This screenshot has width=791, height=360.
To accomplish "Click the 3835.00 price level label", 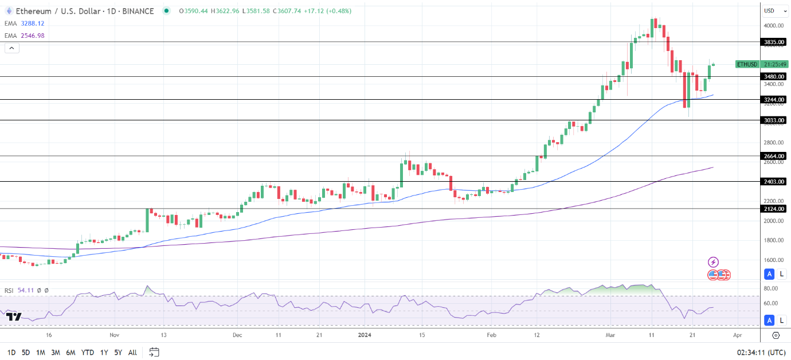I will pyautogui.click(x=774, y=42).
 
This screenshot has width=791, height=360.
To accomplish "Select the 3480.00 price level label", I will pyautogui.click(x=774, y=76).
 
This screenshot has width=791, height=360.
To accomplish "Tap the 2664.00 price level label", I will pyautogui.click(x=774, y=156).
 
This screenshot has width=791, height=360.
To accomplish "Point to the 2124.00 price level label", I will pyautogui.click(x=774, y=209).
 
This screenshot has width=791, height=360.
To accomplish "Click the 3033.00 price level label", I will pyautogui.click(x=774, y=120).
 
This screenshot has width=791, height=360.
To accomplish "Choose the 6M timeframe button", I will pyautogui.click(x=71, y=353).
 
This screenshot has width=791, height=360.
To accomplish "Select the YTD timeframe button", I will pyautogui.click(x=88, y=353).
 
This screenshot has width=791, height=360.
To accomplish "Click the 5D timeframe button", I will pyautogui.click(x=26, y=353).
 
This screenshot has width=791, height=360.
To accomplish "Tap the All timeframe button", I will pyautogui.click(x=132, y=353).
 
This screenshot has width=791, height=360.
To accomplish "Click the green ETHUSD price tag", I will pyautogui.click(x=747, y=64).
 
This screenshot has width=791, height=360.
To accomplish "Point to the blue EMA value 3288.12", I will pyautogui.click(x=33, y=24).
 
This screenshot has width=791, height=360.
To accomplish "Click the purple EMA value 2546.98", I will pyautogui.click(x=33, y=36).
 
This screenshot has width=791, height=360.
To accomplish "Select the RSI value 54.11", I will pyautogui.click(x=25, y=291).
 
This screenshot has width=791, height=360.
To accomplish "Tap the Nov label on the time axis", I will pyautogui.click(x=113, y=334).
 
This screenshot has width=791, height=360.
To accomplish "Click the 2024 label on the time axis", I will pyautogui.click(x=365, y=334).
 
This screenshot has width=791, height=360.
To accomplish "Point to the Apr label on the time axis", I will pyautogui.click(x=738, y=334).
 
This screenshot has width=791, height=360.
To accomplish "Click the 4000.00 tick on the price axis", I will pyautogui.click(x=774, y=26).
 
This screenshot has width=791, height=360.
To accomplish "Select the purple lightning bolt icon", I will pyautogui.click(x=713, y=262).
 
